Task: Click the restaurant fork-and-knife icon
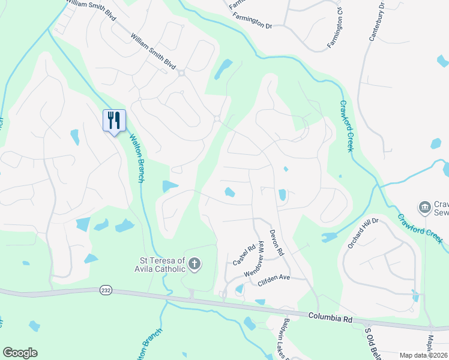click(x=113, y=120)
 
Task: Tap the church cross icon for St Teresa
click(x=194, y=263)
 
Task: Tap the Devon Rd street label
click(x=276, y=244)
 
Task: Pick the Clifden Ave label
click(x=273, y=280)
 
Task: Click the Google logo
click(x=20, y=353)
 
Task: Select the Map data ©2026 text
click(x=423, y=355)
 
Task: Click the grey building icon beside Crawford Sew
click(x=425, y=207)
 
